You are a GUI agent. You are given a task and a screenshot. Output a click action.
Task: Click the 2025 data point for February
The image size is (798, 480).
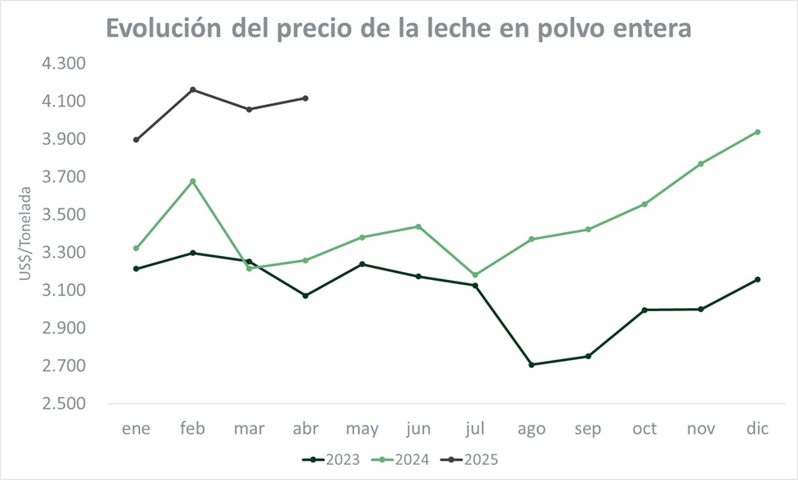[x=193, y=90]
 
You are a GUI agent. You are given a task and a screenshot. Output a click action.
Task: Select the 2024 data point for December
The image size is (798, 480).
[x=757, y=132]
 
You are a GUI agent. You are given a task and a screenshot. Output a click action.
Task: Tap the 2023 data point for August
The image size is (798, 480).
[x=532, y=365]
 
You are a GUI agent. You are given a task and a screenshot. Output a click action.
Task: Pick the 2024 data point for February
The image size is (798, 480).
[x=193, y=182]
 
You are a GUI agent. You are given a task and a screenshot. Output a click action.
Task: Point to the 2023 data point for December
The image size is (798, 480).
[x=757, y=279]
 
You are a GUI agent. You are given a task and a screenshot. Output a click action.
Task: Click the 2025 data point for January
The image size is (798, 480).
[x=136, y=140]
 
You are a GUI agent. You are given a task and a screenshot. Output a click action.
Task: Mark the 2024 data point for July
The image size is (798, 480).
[x=475, y=275]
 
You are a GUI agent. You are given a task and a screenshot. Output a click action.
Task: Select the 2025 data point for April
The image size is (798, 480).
[x=305, y=98]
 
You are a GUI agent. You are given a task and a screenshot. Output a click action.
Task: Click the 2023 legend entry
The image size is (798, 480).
[x=331, y=459]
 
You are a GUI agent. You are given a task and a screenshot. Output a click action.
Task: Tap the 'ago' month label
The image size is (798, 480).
[x=532, y=429]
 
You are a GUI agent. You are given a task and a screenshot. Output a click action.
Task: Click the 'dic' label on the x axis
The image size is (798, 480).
[x=757, y=429]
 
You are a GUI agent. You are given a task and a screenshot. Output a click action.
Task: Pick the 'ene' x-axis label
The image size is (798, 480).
[x=136, y=429]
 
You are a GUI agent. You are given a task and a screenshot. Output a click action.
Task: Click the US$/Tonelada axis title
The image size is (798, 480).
[x=26, y=234]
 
